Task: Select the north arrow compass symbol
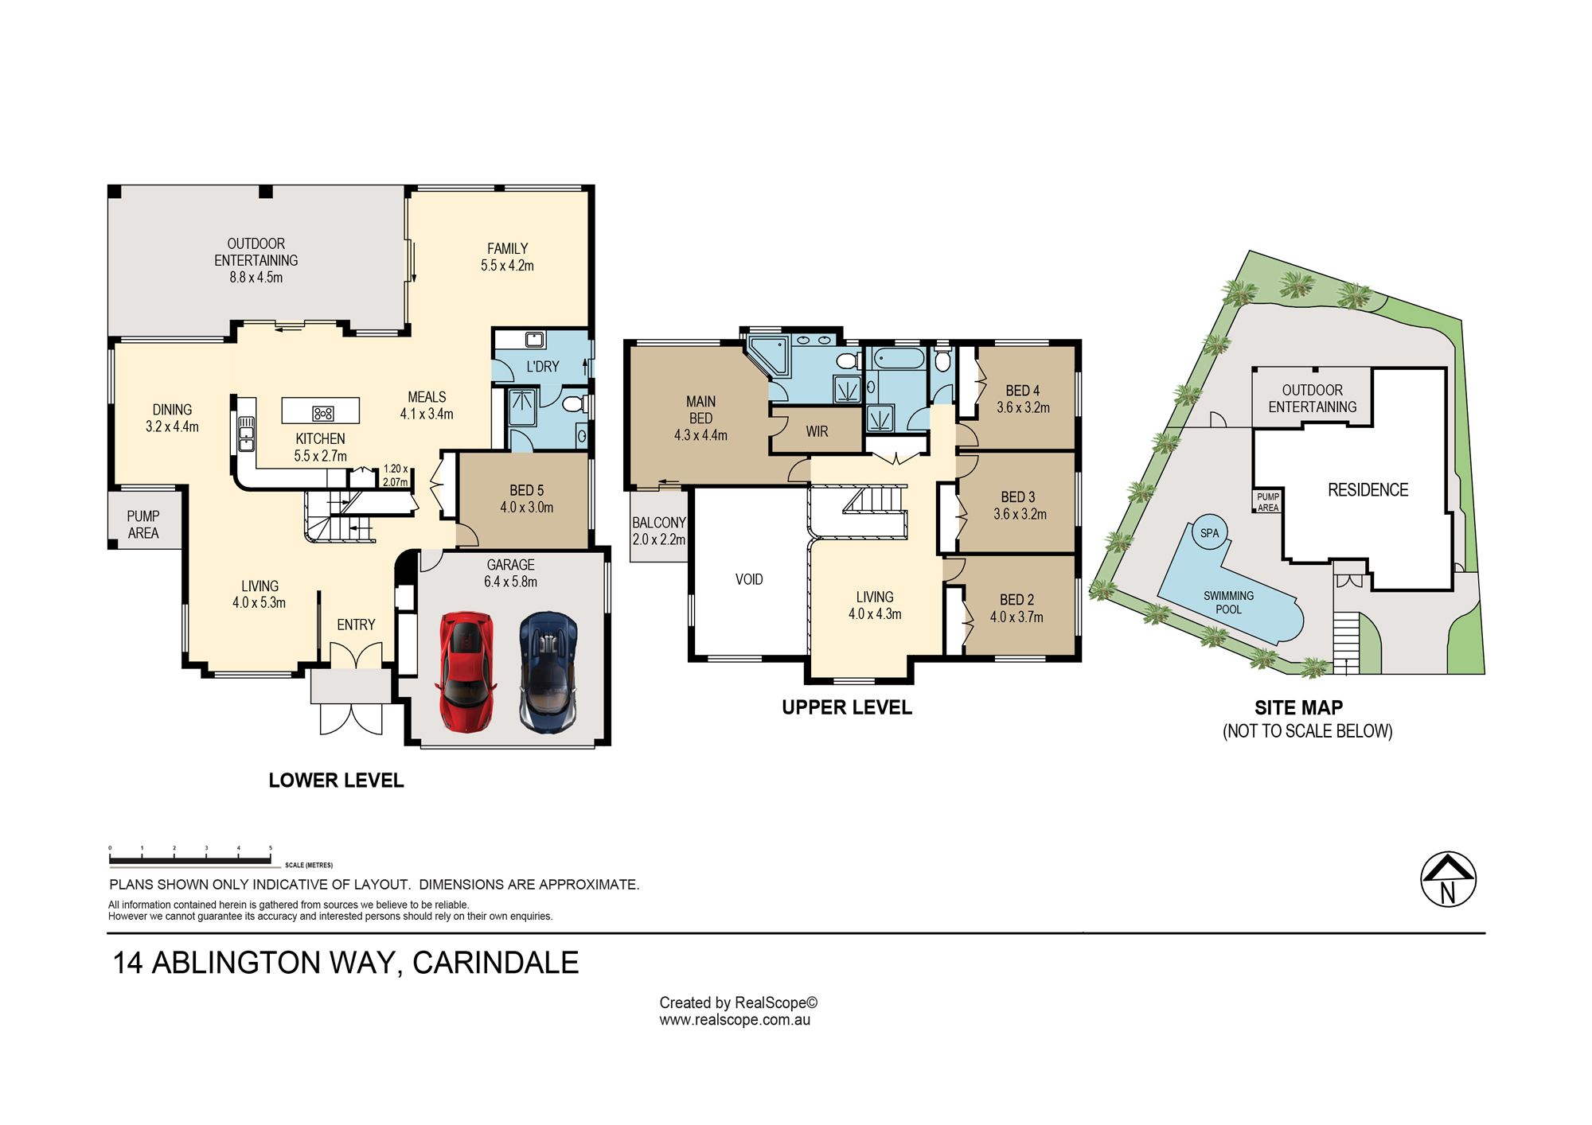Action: (x=1448, y=880)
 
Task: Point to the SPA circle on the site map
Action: (x=1209, y=533)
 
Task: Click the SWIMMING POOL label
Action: (x=1228, y=602)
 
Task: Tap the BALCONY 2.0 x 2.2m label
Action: (x=659, y=531)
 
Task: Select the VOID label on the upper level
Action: (x=749, y=579)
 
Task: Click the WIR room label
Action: (x=817, y=431)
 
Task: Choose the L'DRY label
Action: (x=543, y=367)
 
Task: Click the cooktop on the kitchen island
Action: (x=323, y=413)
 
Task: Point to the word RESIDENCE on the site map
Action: (x=1368, y=490)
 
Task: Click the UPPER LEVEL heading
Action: (x=847, y=707)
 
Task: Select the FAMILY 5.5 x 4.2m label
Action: (x=507, y=257)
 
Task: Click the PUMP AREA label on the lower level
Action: (x=143, y=525)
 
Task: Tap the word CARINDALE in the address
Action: (x=495, y=963)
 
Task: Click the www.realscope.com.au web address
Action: (x=735, y=1020)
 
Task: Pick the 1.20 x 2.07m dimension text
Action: (x=396, y=476)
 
